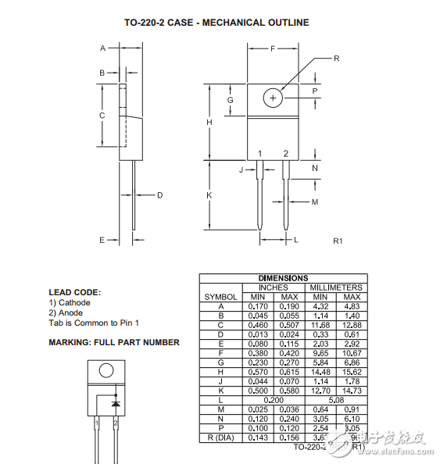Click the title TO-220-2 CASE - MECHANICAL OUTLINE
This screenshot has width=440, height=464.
coord(216,22)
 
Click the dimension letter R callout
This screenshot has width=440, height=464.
coord(337,59)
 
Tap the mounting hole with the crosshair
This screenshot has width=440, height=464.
coord(273,98)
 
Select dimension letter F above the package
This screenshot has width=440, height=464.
coord(273,48)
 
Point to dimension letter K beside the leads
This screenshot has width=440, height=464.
coord(209,195)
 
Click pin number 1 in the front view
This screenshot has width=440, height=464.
coord(260,153)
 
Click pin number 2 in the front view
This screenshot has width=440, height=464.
coord(286,153)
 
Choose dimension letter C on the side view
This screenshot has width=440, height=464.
coord(102,115)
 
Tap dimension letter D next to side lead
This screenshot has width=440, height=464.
coord(159,195)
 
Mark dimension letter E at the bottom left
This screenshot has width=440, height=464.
coord(102,240)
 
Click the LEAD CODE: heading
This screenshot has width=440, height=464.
coord(74,292)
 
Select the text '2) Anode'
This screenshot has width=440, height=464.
coord(66,312)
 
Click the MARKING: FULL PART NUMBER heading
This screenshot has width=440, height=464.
coord(114,342)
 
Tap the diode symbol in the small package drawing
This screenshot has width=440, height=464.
coord(116,404)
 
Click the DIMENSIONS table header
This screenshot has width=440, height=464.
coord(283,278)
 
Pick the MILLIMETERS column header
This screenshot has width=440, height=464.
coord(335,287)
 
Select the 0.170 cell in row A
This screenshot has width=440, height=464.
coord(256,306)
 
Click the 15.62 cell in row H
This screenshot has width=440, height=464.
coord(352,372)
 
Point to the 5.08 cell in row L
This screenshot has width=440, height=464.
coord(335,400)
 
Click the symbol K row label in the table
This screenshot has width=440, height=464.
coord(220,391)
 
